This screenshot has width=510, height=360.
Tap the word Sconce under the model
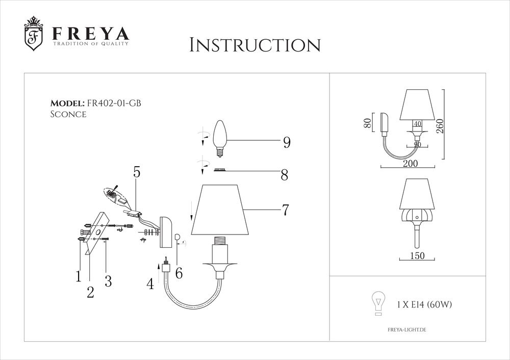[x=68, y=114]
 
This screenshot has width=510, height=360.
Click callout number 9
[x=287, y=143]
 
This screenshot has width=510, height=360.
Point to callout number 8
[x=284, y=176]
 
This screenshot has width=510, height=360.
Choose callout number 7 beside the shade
[x=285, y=210]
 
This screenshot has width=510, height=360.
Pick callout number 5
[x=137, y=172]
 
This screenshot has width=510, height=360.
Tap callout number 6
[x=179, y=273]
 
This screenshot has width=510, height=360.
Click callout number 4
[x=150, y=284]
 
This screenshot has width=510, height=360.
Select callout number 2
[x=90, y=292]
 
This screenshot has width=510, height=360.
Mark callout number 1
[x=79, y=276]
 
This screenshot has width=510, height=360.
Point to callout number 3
[x=108, y=281]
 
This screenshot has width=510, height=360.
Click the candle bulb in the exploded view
[x=220, y=134]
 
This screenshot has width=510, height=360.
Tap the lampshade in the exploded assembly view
[x=222, y=210]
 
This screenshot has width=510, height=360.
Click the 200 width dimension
[x=410, y=163]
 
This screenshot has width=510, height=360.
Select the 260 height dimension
[x=440, y=125]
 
